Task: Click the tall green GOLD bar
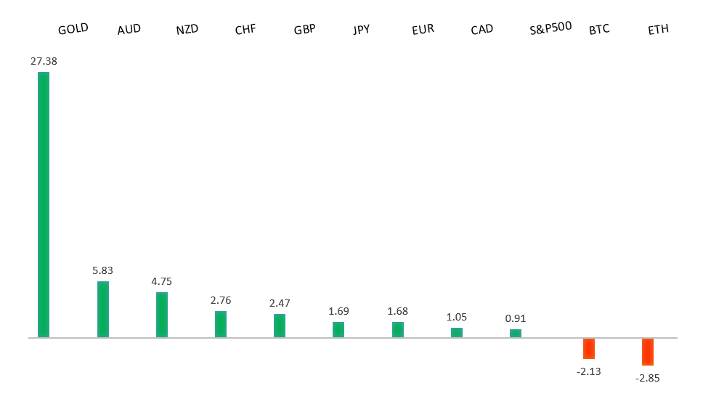[x=44, y=204]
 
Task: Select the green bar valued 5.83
[x=103, y=309]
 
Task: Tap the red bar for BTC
[x=589, y=348]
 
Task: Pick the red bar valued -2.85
[x=648, y=352]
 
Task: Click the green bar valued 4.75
[x=162, y=314]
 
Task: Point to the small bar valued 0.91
[x=516, y=333]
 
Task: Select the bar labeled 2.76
[x=221, y=323]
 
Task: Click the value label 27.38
[x=44, y=62]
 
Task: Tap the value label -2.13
[x=588, y=371]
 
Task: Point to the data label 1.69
[x=338, y=311]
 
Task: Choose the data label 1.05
[x=456, y=317]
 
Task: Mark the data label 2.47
[x=280, y=302]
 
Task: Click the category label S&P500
[x=550, y=28]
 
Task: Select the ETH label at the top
[x=658, y=30]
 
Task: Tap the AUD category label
[x=129, y=30]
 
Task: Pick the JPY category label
[x=361, y=30]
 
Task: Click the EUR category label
[x=423, y=30]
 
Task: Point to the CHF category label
[x=245, y=30]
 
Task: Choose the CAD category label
[x=481, y=30]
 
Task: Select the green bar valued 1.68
[x=398, y=329]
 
